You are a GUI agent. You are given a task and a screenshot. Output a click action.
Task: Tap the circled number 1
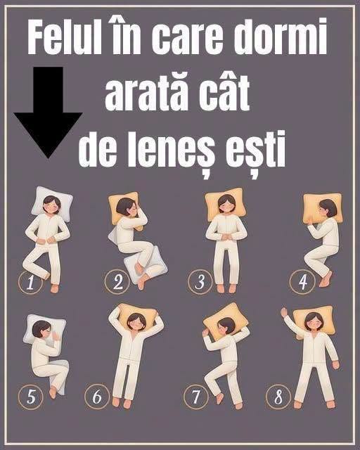pos(30,283)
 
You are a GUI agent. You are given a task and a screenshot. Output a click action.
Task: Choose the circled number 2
pos(117,281)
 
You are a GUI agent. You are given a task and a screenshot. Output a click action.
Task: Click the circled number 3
pos(200,281)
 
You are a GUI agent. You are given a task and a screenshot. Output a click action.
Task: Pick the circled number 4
pos(302,282)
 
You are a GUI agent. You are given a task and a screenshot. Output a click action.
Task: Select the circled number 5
pos(30,397)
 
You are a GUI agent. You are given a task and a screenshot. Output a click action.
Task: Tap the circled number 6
pos(97,397)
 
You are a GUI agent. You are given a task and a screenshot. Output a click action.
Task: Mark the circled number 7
pos(196,397)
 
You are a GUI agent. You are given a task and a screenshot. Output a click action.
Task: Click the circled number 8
pos(278,397)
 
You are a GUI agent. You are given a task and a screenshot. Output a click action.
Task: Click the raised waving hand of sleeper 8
pos(285,312)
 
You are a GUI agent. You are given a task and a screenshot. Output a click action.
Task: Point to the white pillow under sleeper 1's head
pos(51,203)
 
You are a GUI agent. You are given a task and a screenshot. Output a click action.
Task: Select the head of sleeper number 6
pos(136,322)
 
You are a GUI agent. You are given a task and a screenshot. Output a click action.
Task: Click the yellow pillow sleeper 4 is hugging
pos(322,208)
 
